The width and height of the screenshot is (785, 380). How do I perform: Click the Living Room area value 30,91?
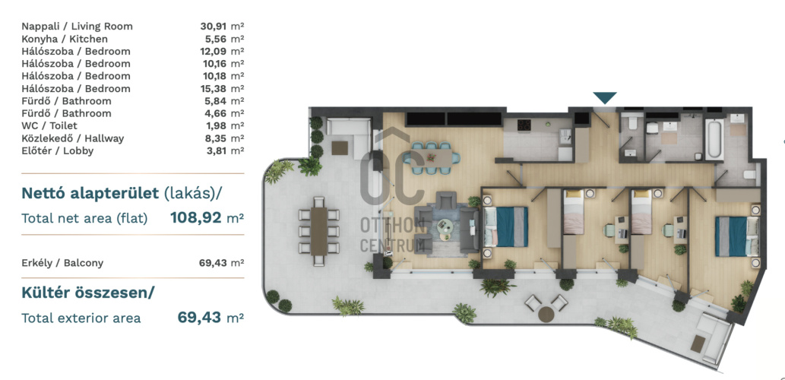pos(213,27)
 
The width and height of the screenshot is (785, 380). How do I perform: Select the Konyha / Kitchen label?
pos(65,39)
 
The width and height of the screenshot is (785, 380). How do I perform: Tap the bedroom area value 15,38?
pos(213,89)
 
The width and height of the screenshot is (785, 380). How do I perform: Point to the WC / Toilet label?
pos(49,125)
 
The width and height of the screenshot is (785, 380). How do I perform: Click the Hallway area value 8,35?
pos(216,138)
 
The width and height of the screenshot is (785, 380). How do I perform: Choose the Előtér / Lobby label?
pos(58,150)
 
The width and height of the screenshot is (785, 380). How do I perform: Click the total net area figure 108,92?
pos(196,218)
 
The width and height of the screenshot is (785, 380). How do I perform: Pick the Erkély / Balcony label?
pos(62,263)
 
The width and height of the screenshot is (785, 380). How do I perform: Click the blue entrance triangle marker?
pos(605,97)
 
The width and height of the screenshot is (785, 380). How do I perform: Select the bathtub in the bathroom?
pos(714,138)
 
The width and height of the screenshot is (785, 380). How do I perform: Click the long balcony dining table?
pos(318,231)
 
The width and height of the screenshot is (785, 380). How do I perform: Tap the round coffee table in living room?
pos(444,226)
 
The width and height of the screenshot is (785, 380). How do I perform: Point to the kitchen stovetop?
pos(524,125)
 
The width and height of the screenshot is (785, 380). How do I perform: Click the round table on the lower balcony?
pos(546,315)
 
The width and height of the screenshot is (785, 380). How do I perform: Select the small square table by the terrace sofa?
pos(339,148)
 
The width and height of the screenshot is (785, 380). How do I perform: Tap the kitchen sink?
pos(565,135)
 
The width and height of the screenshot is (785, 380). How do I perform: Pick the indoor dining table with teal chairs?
pos(434,157)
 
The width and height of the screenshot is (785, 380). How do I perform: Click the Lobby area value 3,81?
pos(216,150)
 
